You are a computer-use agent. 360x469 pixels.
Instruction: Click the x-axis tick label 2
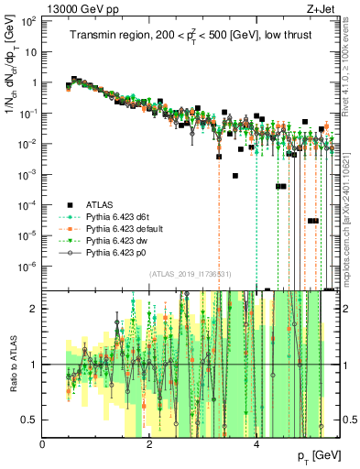pyautogui.click(x=149, y=444)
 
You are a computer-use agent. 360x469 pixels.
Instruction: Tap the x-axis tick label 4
pyautogui.click(x=256, y=444)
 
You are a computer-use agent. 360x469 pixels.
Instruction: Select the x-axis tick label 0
pyautogui.click(x=43, y=444)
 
